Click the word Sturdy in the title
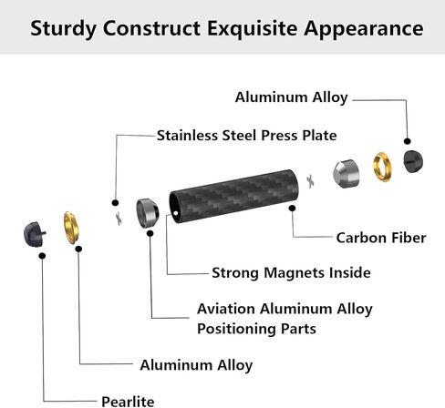pyautogui.click(x=63, y=29)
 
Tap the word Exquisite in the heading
pyautogui.click(x=253, y=29)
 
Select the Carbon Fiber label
pyautogui.click(x=381, y=238)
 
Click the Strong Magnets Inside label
pyautogui.click(x=291, y=272)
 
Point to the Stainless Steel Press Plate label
pyautogui.click(x=246, y=136)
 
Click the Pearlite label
pyautogui.click(x=128, y=402)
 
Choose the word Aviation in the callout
pyautogui.click(x=226, y=309)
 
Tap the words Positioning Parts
pyautogui.click(x=256, y=329)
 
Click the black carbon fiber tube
pyautogui.click(x=233, y=196)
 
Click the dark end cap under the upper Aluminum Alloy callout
pyautogui.click(x=413, y=161)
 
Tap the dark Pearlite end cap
pyautogui.click(x=34, y=234)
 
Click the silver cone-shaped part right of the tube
pyautogui.click(x=346, y=174)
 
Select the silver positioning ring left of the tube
pyautogui.click(x=148, y=213)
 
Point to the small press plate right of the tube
pyautogui.click(x=310, y=181)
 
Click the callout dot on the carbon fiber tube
pyautogui.click(x=292, y=208)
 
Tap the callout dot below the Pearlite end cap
pyautogui.click(x=42, y=256)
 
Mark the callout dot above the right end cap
pyautogui.click(x=408, y=141)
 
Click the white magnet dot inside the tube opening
pyautogui.click(x=176, y=213)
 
